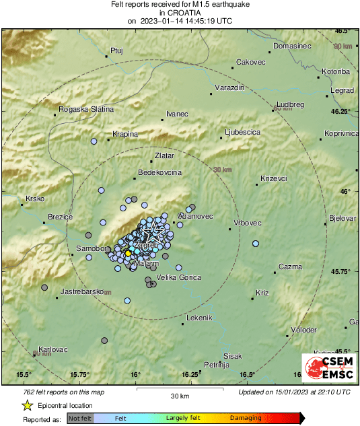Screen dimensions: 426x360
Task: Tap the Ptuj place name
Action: pos(117,50)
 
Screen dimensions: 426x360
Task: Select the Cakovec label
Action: pos(250,62)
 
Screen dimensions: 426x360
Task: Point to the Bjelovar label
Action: pos(342,218)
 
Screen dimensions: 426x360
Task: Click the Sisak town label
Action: pos(233,355)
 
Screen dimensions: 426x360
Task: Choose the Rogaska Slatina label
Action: pos(86,109)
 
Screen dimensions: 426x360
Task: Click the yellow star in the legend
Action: pos(28,405)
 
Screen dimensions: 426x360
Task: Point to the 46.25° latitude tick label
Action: pos(339,111)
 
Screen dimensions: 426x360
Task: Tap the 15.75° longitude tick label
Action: pos(80,374)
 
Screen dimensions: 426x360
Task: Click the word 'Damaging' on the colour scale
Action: pos(246,419)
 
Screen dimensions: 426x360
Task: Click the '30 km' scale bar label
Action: pos(179,395)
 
